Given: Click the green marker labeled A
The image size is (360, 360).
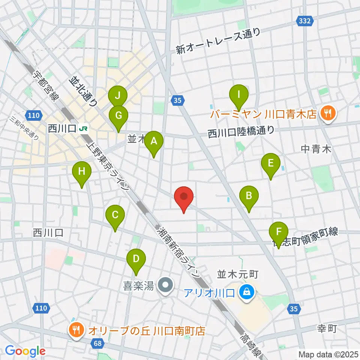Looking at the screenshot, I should (153, 142).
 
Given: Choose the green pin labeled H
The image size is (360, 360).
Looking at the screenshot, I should (82, 172).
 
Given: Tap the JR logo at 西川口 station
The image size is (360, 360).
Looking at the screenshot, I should (84, 129).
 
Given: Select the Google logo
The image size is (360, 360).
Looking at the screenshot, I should (25, 351).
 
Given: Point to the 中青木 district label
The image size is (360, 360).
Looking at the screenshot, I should (316, 150).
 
